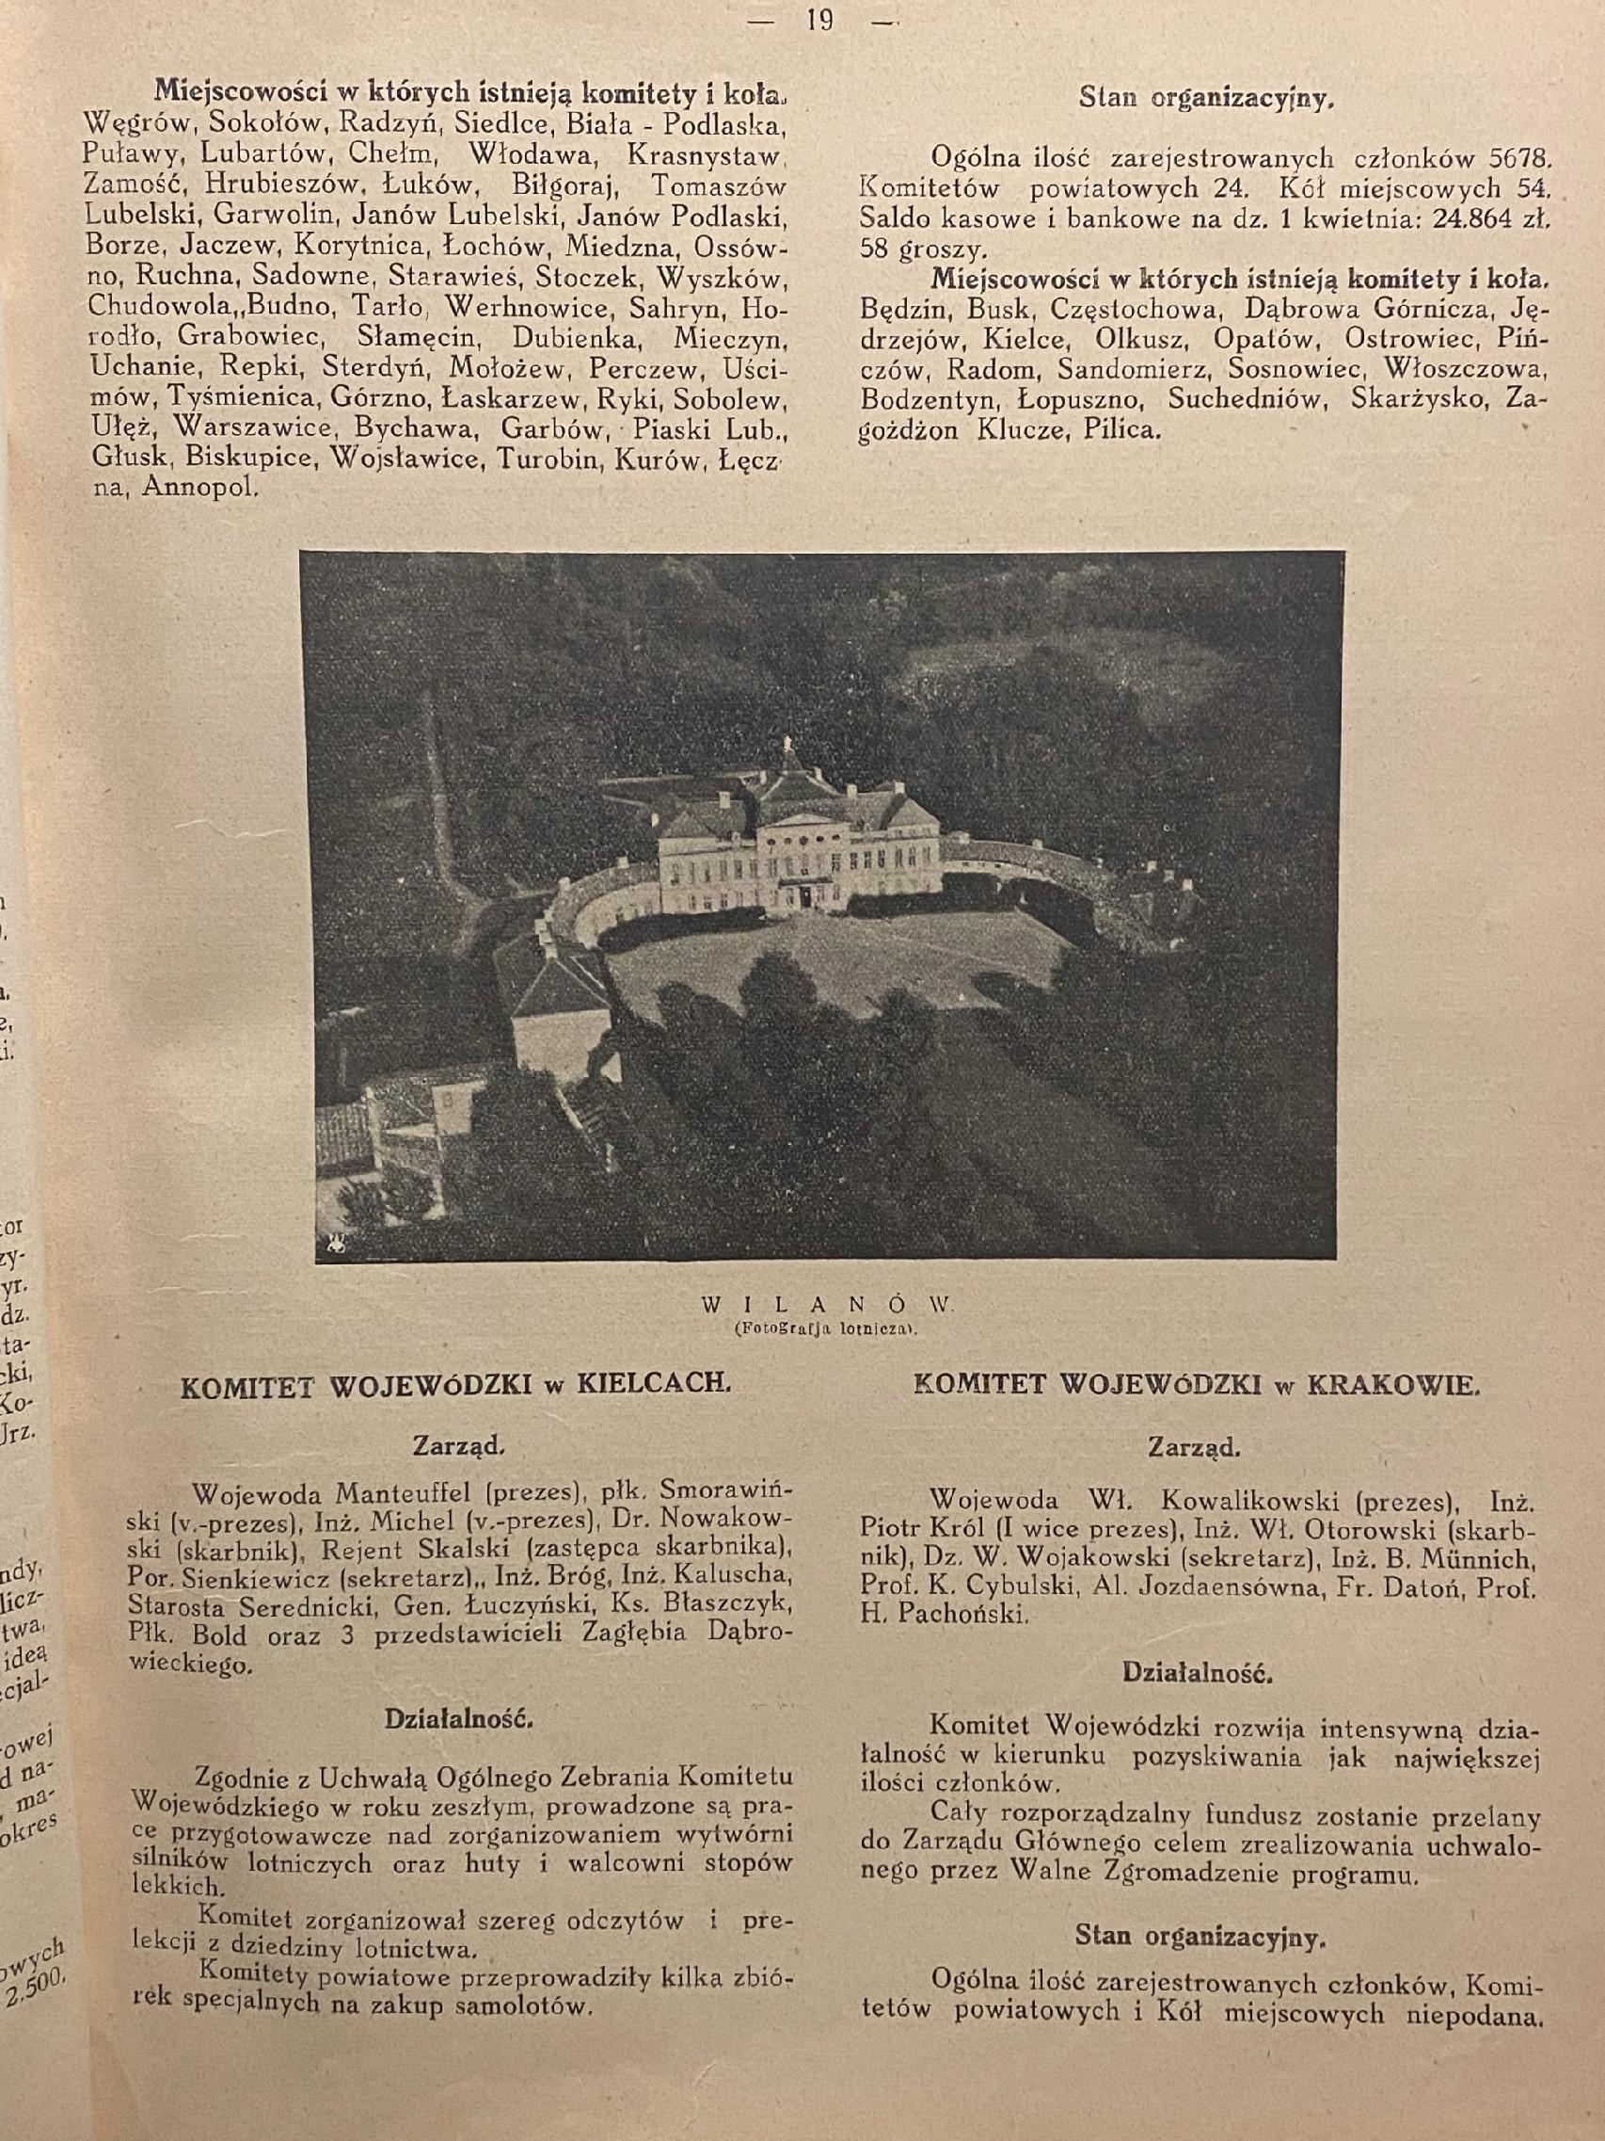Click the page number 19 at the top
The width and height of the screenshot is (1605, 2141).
818,21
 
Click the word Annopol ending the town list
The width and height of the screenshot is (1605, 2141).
199,488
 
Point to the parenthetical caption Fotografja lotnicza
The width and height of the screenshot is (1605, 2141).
825,1328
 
